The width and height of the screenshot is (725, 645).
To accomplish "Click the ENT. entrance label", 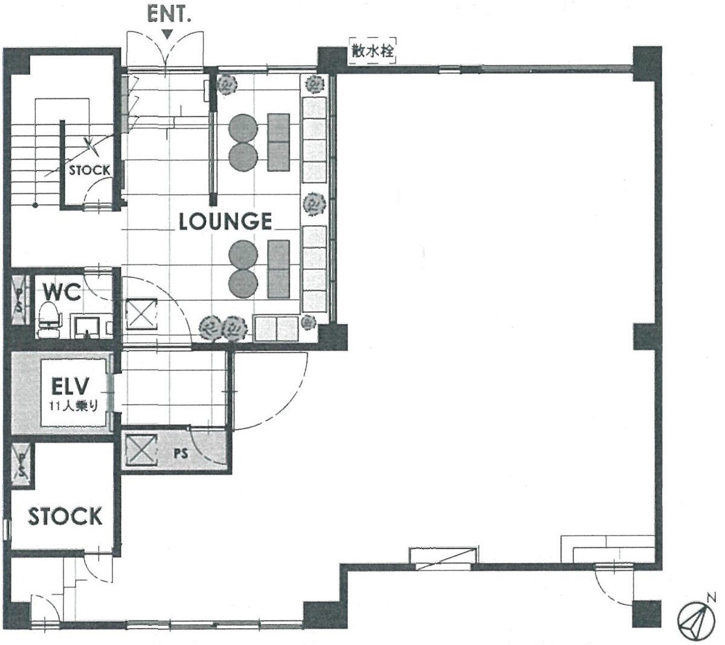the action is [169, 14].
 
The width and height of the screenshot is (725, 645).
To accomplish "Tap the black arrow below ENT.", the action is [167, 34].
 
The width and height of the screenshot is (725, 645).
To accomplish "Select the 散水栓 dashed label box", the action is [373, 51].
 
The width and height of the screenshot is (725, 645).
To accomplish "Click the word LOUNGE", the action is [225, 222].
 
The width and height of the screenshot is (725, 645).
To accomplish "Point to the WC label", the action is [62, 292].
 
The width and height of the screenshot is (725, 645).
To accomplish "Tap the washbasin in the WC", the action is [87, 326].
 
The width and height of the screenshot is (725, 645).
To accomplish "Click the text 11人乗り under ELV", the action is [73, 406].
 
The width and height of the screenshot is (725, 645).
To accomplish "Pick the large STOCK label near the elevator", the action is [65, 516].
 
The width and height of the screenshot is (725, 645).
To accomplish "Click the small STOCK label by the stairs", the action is [89, 171].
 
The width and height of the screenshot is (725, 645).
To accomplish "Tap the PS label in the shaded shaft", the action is [181, 454].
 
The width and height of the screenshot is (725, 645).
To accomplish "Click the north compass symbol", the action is [696, 620].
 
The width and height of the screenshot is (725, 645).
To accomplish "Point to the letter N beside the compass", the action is [711, 597].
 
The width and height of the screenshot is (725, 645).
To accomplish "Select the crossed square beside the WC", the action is [141, 313].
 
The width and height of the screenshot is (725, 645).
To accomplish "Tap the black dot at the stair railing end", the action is [35, 205].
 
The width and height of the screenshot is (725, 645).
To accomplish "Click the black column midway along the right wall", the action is [646, 337].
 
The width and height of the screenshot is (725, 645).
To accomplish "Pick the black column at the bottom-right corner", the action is [646, 614].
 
